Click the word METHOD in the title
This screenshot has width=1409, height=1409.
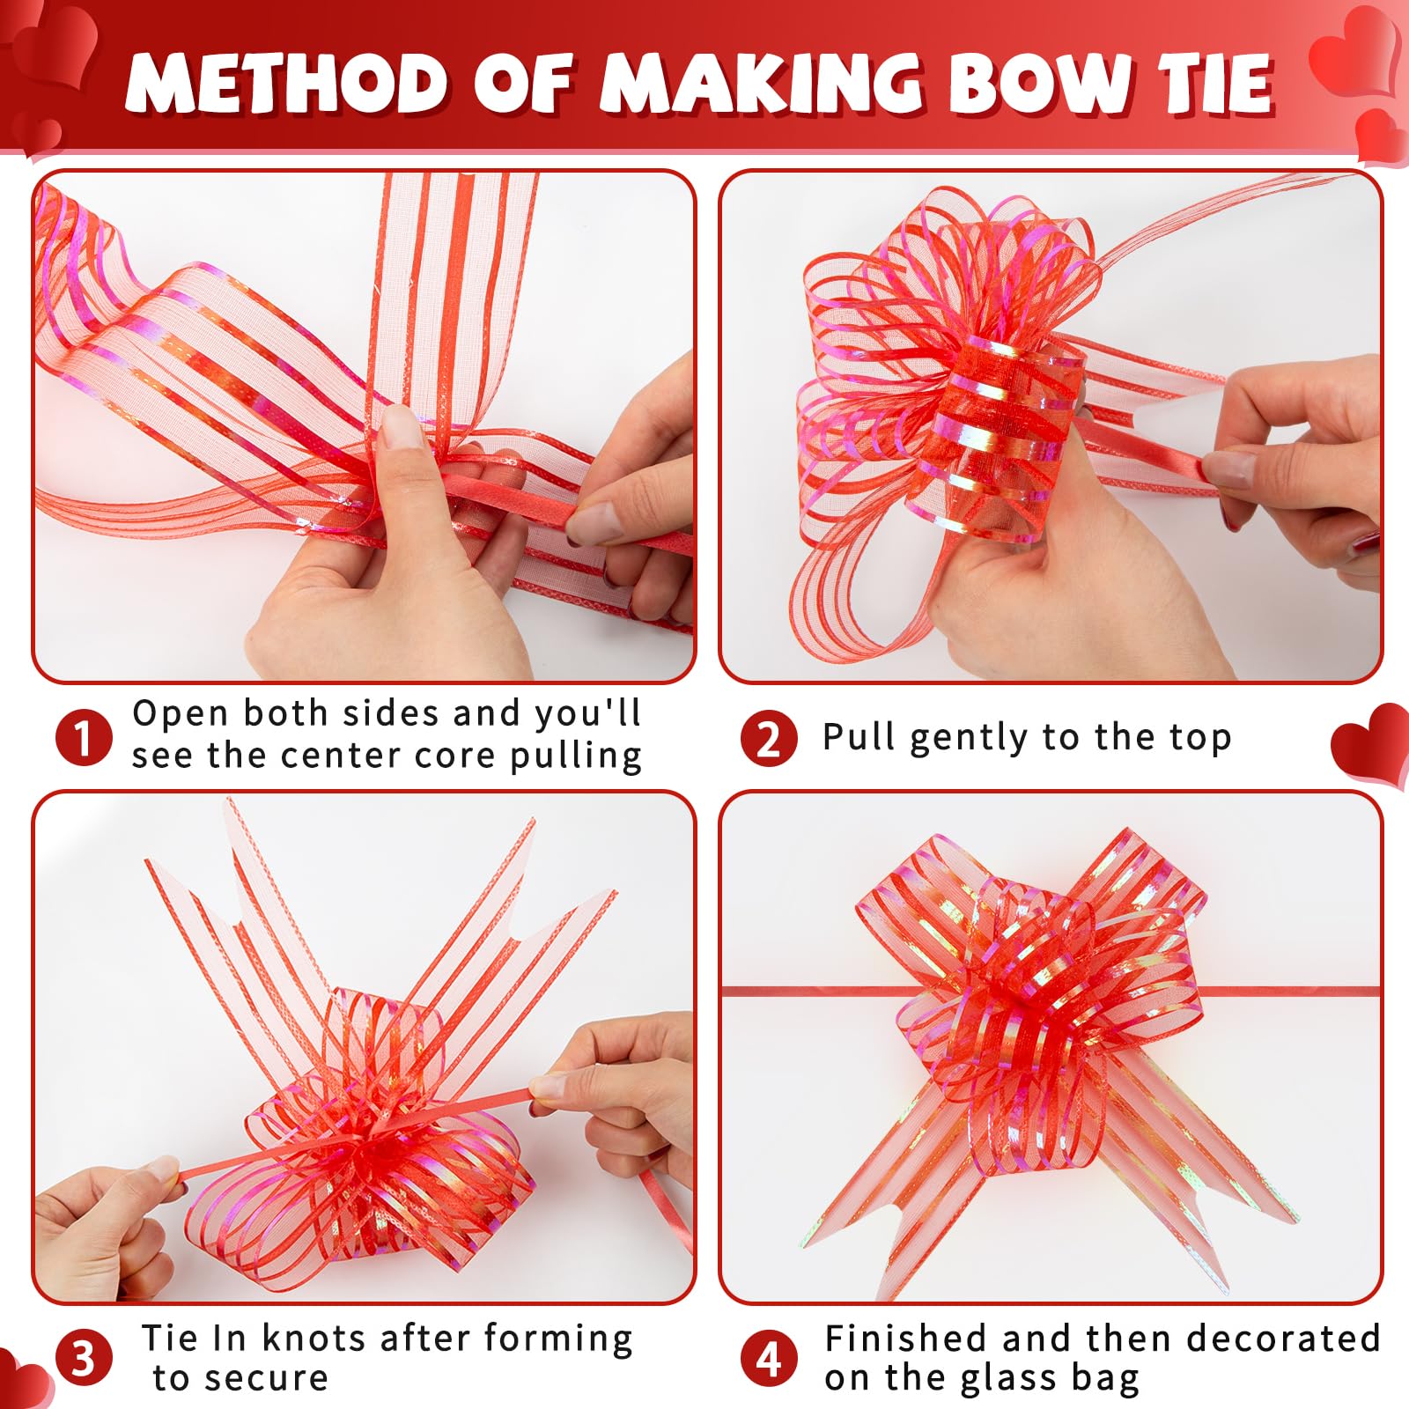[286, 84]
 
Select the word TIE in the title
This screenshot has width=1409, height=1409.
[1216, 84]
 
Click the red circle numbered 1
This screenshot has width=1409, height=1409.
[84, 738]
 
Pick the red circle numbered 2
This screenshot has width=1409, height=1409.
[769, 738]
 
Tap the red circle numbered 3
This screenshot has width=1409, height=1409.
[84, 1357]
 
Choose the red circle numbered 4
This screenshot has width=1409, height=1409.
[769, 1357]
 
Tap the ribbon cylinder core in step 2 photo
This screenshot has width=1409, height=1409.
[1004, 432]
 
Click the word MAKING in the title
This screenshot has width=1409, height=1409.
[762, 84]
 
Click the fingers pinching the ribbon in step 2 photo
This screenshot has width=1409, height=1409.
[1233, 467]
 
